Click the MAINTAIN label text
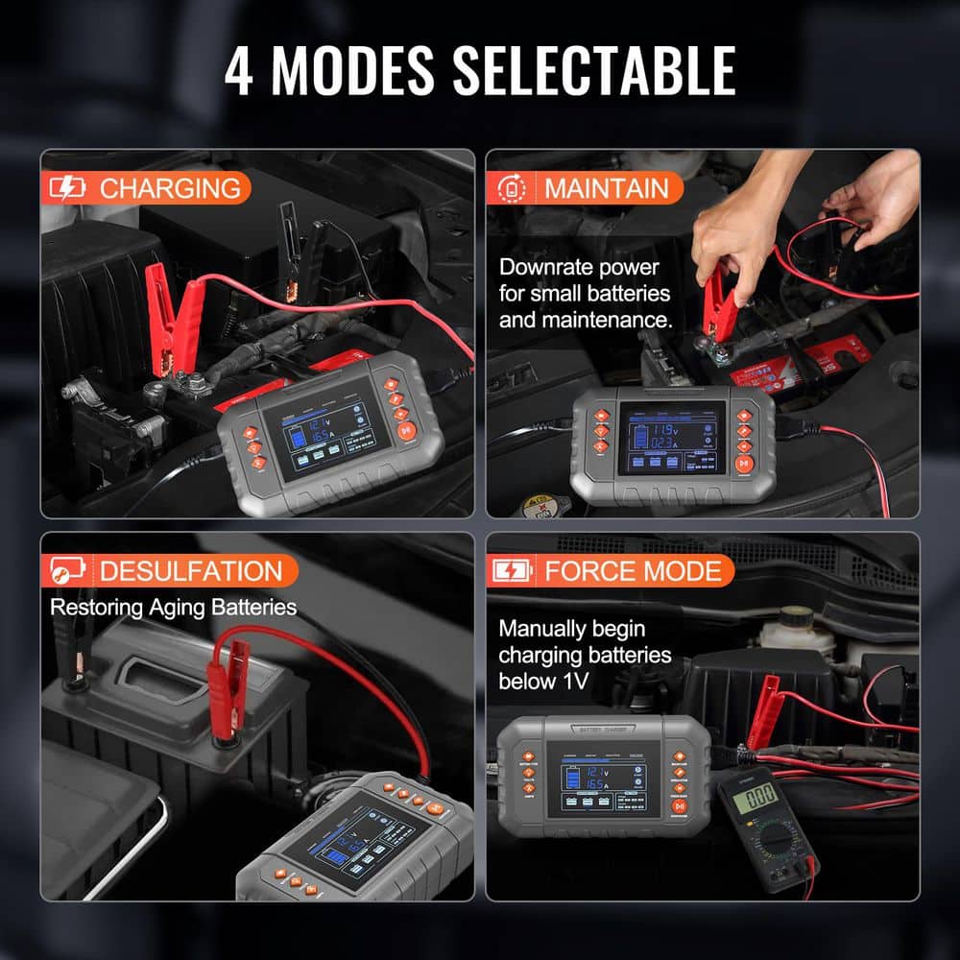[x=606, y=188]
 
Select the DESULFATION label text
[x=191, y=571]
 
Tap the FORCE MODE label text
[x=632, y=571]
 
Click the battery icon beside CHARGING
[x=67, y=188]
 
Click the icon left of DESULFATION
[x=67, y=571]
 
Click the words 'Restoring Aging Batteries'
[x=173, y=607]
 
